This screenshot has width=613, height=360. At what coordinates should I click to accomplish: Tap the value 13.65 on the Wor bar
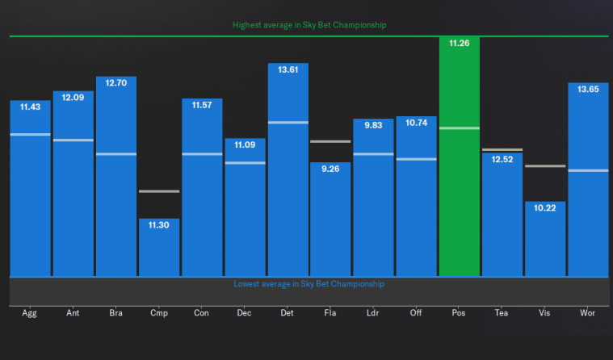point(588,89)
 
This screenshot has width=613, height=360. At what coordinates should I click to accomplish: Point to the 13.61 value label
point(288,69)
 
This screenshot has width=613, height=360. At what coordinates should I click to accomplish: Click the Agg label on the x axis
point(30,312)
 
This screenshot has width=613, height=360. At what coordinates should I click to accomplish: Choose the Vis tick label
point(545,312)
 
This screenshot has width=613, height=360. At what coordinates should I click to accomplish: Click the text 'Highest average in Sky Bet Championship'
point(309,25)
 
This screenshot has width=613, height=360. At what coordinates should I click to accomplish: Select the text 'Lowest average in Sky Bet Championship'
point(309,284)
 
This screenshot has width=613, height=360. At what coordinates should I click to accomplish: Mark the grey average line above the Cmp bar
point(159,191)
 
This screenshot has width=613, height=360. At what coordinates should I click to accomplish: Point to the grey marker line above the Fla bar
point(330,141)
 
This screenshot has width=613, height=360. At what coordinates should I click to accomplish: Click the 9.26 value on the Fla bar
point(330,169)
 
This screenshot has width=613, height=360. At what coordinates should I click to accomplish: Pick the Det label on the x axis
point(288,312)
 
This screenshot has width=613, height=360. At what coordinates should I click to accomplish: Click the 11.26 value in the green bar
point(460,44)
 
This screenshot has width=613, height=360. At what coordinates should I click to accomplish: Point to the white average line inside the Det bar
point(288,123)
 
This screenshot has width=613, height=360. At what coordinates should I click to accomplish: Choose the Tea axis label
point(502,312)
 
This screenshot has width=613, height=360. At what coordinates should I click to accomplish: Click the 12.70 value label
point(116,83)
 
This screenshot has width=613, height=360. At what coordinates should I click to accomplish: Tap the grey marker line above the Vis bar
point(545,165)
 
